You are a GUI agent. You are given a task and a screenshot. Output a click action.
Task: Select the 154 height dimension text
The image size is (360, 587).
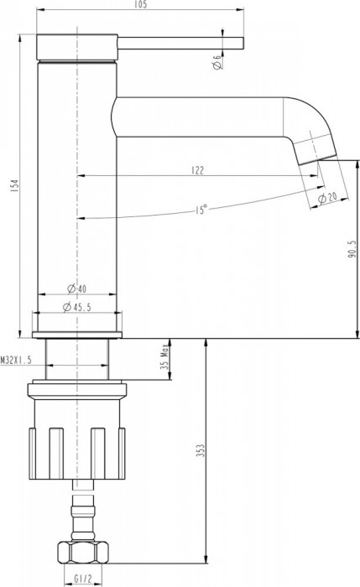click(10, 187)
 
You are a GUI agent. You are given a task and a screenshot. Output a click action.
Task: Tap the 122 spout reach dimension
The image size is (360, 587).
click(197, 169)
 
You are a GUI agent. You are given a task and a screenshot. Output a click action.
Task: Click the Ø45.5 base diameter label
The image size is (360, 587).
click(77, 308)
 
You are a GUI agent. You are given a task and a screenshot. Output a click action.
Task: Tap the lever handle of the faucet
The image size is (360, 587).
click(180, 42)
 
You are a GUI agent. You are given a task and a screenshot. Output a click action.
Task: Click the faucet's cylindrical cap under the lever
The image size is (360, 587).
click(77, 49)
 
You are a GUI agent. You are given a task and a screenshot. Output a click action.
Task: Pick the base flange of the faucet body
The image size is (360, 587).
click(77, 334)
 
